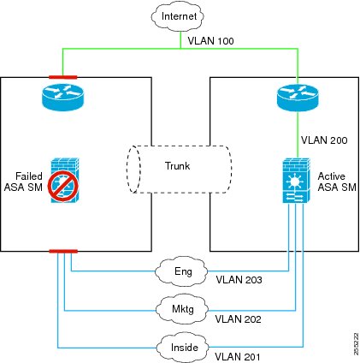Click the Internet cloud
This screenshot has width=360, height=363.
pos(178,16)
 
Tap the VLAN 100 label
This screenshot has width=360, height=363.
pos(210,41)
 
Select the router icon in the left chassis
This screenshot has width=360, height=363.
pos(63,98)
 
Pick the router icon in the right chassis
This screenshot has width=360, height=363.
pos(298,98)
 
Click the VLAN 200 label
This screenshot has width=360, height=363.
pos(324,140)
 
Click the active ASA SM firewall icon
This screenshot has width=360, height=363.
pos(296,181)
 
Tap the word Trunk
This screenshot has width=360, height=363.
pos(177,166)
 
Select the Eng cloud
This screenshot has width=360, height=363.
pos(181,271)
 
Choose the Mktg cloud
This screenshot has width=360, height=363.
pos(182,309)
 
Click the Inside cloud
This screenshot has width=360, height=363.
pos(183,348)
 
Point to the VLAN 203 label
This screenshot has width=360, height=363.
pos(239,280)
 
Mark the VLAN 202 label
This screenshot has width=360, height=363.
pos(238,318)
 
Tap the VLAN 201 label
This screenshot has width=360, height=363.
pos(237,357)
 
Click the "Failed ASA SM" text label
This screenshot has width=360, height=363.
pos(23,181)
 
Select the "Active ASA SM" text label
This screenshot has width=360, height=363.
pos(337,181)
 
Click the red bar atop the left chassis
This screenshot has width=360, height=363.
pos(63,77)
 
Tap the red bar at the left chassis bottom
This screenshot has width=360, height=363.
pos(63,252)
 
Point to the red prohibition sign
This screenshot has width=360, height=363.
pos(63,187)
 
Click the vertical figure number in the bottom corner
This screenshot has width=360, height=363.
pos(357,344)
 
